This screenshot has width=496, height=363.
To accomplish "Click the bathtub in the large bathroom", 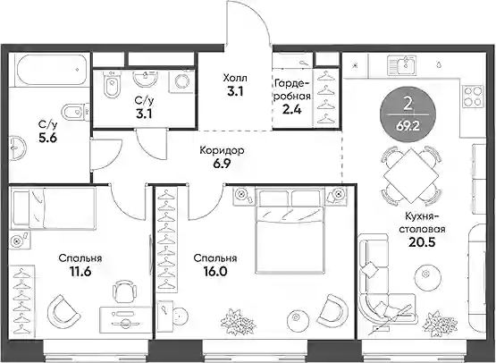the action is point(51,70).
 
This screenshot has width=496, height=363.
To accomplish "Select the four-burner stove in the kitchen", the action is point(473,96).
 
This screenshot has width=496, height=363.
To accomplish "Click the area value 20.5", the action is point(422,242).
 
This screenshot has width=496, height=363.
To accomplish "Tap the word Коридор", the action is point(222,151).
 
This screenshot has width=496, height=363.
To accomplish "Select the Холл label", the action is point(235,78).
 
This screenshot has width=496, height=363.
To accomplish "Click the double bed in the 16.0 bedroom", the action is point(290,231).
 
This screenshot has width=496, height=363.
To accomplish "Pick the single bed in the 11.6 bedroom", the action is point(53,207).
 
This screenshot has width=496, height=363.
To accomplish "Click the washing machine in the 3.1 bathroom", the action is point(181,81).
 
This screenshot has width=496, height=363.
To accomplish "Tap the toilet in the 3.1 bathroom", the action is point(112,84).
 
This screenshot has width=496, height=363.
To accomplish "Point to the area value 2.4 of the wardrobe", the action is point(290,109).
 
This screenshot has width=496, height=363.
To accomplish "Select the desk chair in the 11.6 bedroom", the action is point(125,290).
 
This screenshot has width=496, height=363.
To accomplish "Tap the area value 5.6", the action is point(47,138).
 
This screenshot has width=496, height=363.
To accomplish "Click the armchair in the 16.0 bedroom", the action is point(333,310).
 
